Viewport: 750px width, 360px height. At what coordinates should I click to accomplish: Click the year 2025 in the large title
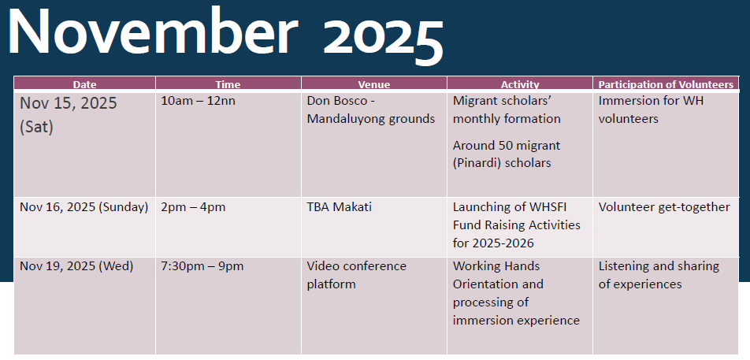pos(383,37)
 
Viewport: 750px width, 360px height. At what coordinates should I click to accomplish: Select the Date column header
pos(84,84)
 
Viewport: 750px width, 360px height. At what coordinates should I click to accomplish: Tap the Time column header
pos(228,84)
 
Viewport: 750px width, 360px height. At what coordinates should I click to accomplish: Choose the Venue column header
pos(374,84)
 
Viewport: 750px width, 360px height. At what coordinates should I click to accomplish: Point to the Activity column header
pos(520,84)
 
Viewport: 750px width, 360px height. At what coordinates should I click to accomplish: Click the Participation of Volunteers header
pos(666,84)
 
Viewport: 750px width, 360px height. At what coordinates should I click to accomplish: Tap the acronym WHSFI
pos(555,207)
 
